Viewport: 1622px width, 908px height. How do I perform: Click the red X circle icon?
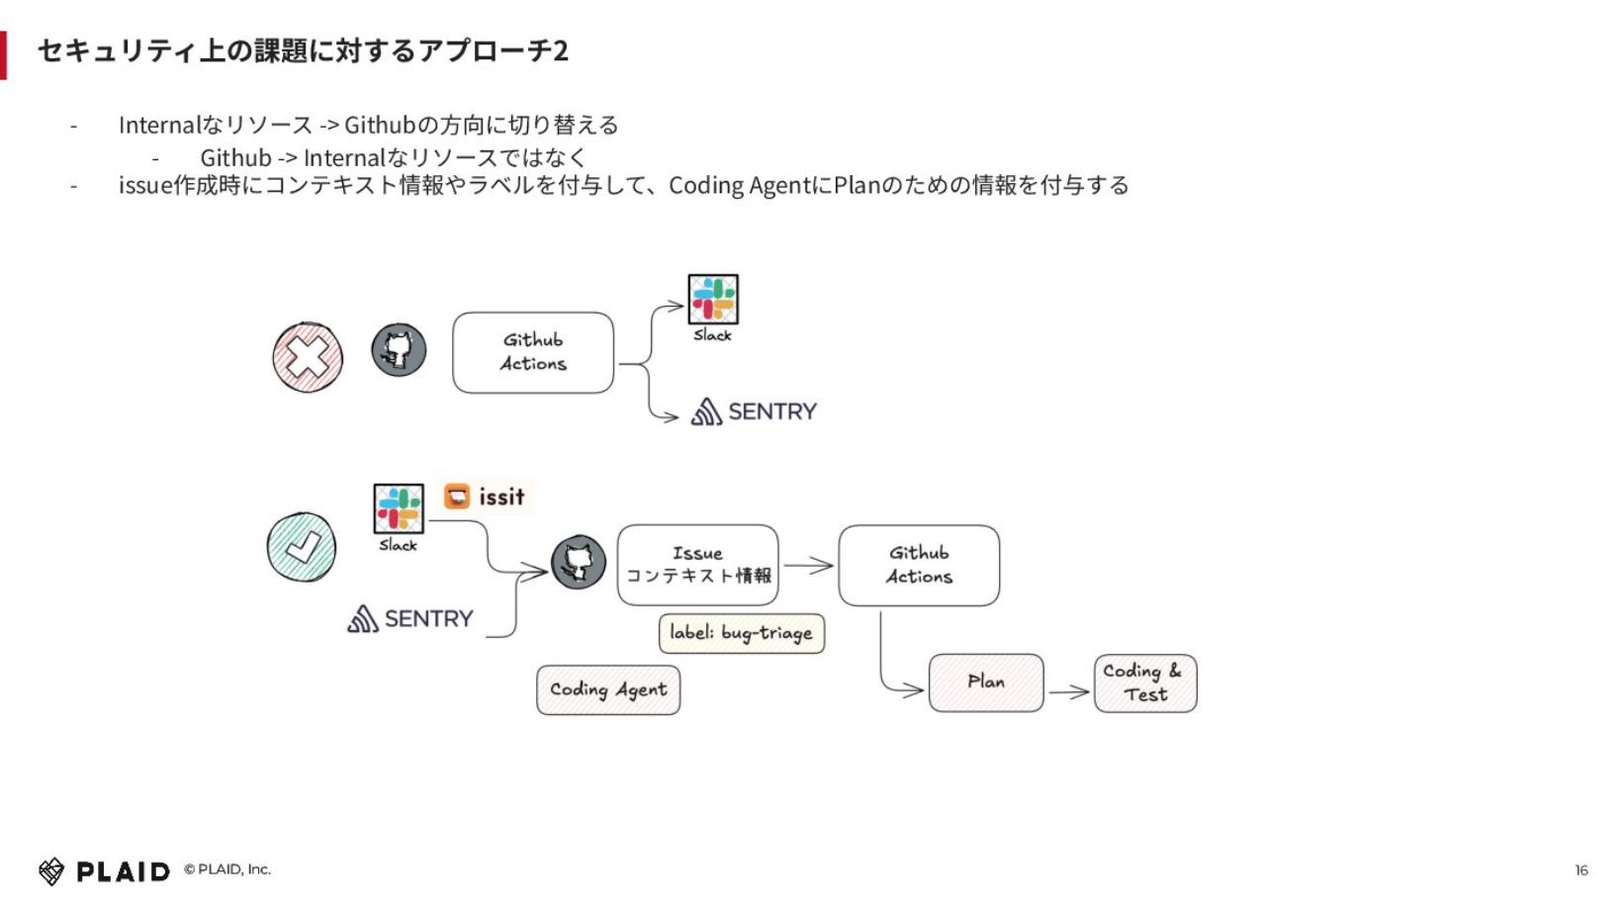point(308,357)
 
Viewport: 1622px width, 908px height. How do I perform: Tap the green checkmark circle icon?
point(302,547)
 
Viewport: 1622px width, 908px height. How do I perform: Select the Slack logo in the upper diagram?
point(713,299)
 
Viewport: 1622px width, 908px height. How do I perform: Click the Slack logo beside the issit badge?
point(399,508)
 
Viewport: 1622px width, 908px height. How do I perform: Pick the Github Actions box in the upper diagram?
point(533,353)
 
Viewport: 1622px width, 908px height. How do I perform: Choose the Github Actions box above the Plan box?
point(919,566)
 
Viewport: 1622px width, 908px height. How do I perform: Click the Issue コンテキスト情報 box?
point(698,565)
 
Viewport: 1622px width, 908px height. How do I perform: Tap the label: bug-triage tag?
point(742,634)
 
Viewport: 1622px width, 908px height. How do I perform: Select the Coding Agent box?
point(608,690)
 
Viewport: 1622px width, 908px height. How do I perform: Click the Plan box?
point(986,682)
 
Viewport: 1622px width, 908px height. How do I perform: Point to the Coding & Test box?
point(1145,682)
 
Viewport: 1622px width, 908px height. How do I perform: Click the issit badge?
point(485,497)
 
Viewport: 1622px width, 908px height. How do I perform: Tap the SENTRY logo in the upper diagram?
point(753,411)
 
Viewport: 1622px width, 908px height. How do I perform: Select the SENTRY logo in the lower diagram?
point(409,618)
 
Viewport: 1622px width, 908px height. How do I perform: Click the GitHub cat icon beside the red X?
point(399,350)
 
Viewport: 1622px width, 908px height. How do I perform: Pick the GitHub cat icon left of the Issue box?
point(579,563)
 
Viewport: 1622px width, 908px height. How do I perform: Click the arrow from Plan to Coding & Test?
point(1069,692)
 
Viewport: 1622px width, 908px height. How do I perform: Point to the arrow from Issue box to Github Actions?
point(809,565)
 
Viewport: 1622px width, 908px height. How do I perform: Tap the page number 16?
point(1581,870)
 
